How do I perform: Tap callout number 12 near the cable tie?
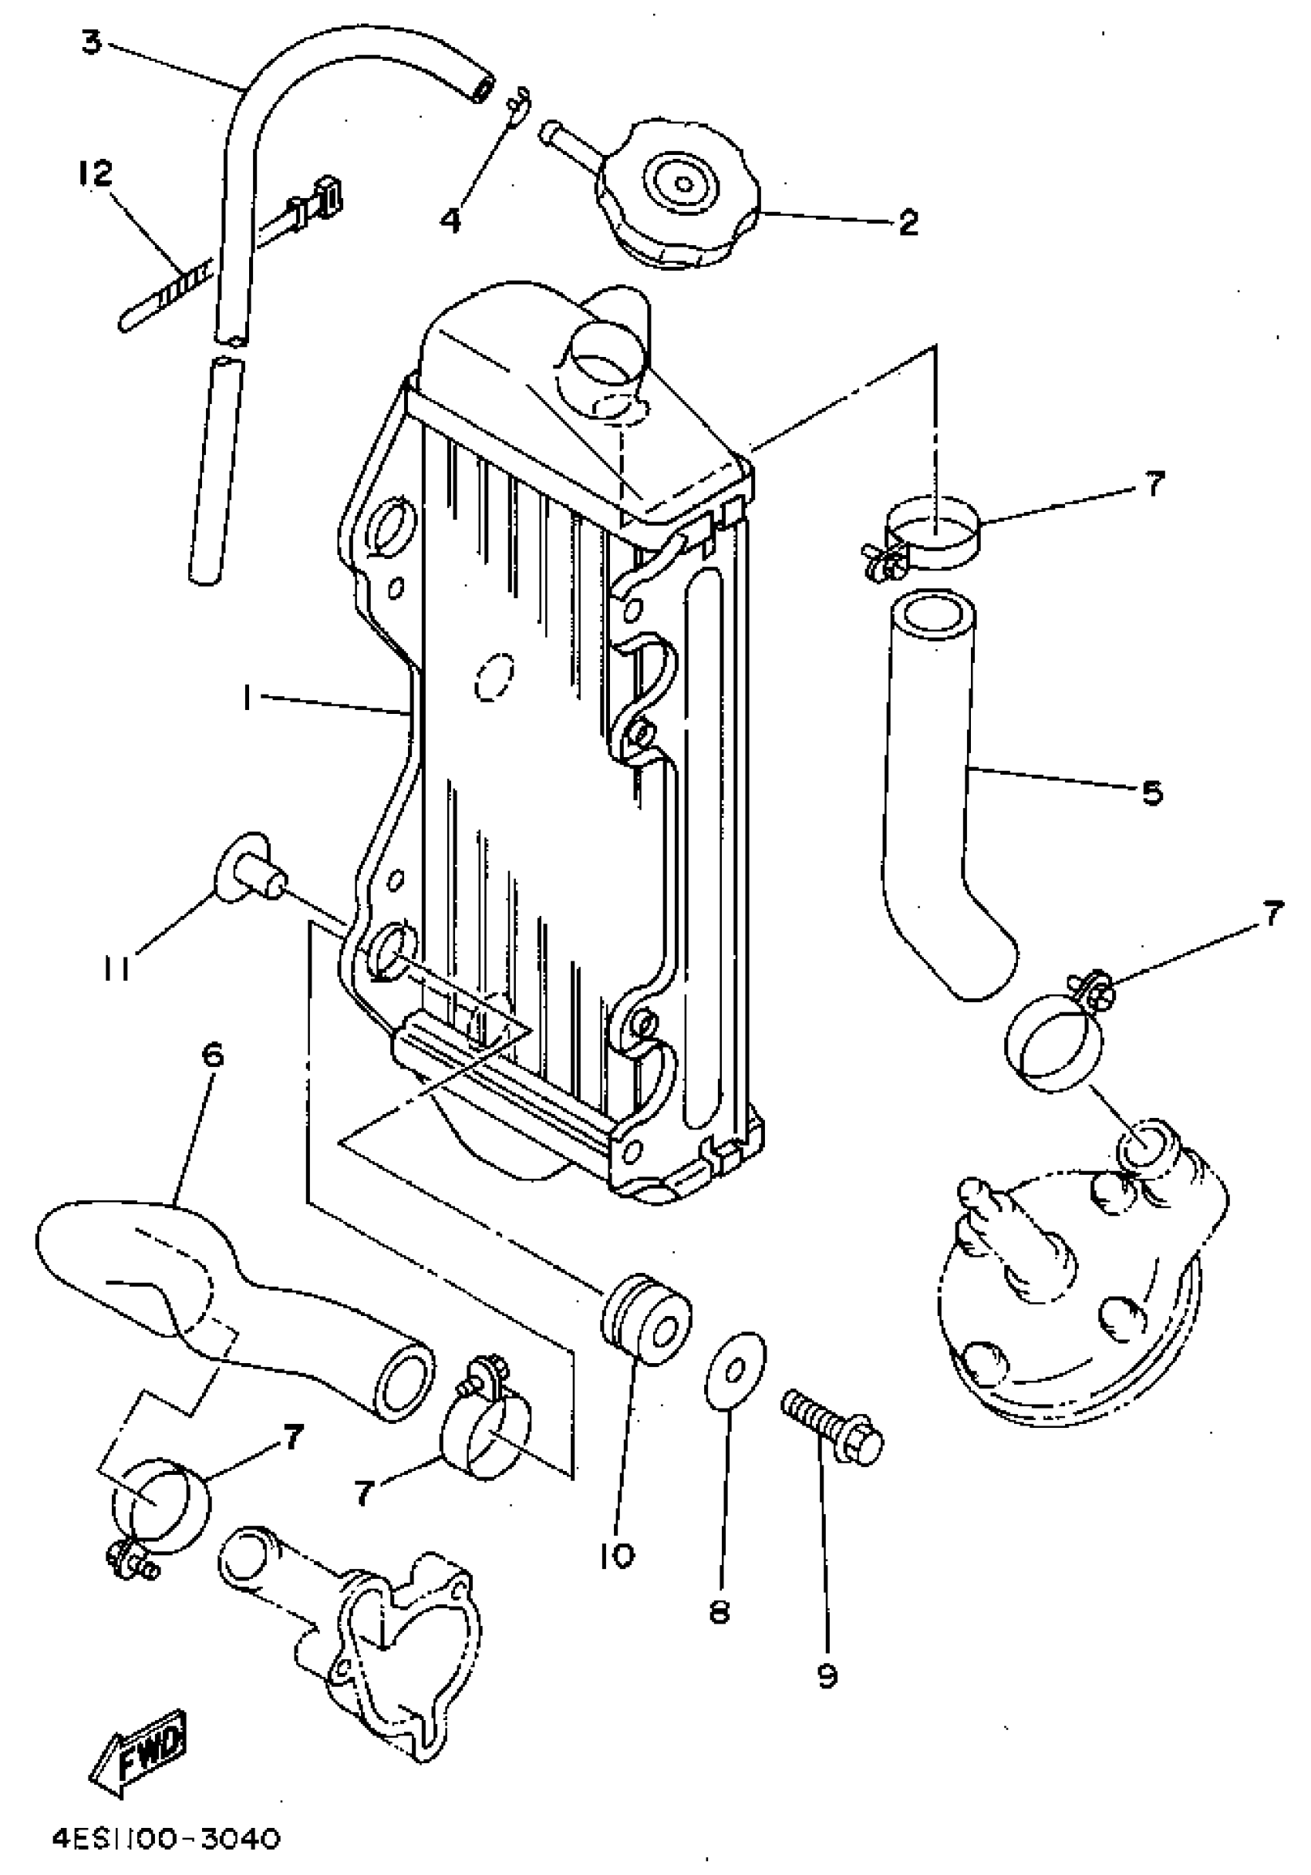tap(96, 174)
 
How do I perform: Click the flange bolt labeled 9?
tap(833, 1431)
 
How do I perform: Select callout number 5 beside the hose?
tap(1151, 792)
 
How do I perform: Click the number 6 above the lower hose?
tap(211, 1056)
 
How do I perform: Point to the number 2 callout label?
tap(908, 223)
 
